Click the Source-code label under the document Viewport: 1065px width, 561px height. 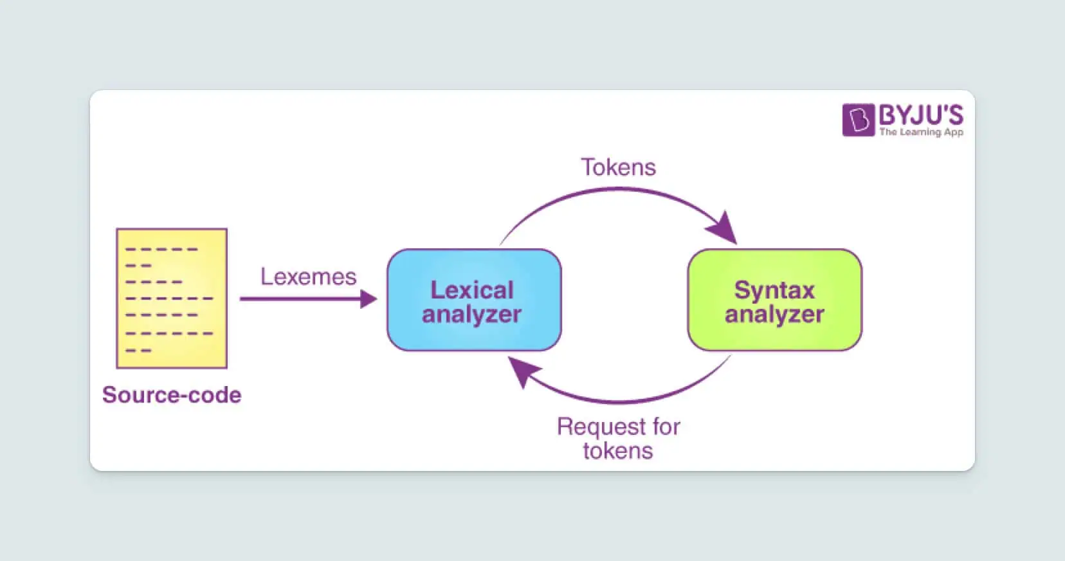tap(172, 394)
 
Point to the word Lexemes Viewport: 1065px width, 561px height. tap(308, 277)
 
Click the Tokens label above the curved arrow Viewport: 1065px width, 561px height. tap(618, 167)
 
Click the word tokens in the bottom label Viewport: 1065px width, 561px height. tap(617, 450)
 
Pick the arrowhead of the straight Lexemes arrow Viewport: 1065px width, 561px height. tap(369, 299)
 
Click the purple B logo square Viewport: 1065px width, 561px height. tap(858, 120)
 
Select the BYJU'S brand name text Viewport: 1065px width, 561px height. tap(921, 116)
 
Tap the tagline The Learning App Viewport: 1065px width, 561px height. tap(921, 132)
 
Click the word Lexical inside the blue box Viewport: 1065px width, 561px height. tap(471, 290)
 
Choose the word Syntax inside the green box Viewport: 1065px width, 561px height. tap(774, 290)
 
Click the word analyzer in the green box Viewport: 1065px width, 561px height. tap(774, 315)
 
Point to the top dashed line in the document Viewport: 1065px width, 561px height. tap(161, 249)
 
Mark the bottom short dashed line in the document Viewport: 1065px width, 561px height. tap(138, 351)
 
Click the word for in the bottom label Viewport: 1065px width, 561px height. tap(666, 427)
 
